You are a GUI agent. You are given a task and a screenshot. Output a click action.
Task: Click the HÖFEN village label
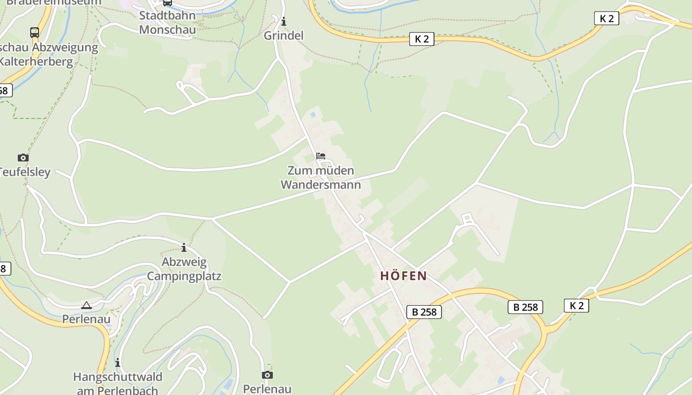point(403,276)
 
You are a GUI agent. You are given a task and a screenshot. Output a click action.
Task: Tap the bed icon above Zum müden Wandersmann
point(321,156)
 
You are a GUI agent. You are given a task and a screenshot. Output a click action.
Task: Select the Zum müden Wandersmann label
point(321,178)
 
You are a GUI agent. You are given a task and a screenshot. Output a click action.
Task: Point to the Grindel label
point(283,36)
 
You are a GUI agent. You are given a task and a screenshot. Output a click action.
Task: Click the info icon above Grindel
point(284,22)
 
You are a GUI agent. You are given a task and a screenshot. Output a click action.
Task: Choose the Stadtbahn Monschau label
point(167,22)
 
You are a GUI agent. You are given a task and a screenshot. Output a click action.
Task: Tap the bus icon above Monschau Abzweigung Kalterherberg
point(35,33)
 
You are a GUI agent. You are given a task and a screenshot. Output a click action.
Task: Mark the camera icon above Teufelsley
point(23,158)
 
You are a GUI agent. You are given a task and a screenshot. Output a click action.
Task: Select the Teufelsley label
point(25,172)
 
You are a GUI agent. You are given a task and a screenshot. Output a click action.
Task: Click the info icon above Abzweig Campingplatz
point(184,247)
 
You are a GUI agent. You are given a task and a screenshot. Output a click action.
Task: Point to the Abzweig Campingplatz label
point(184,269)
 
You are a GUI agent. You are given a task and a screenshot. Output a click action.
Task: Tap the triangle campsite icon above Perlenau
point(86,306)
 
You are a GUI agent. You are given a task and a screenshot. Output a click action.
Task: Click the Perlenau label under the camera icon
point(267,389)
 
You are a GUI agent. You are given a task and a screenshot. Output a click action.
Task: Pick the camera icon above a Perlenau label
point(267,375)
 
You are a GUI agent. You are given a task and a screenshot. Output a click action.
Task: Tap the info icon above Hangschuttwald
point(118,363)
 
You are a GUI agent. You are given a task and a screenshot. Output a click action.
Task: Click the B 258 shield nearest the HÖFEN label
point(424,312)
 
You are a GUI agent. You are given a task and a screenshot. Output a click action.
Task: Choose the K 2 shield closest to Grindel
point(422,39)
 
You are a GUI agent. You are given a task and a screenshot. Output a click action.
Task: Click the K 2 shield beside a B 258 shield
point(576,306)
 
